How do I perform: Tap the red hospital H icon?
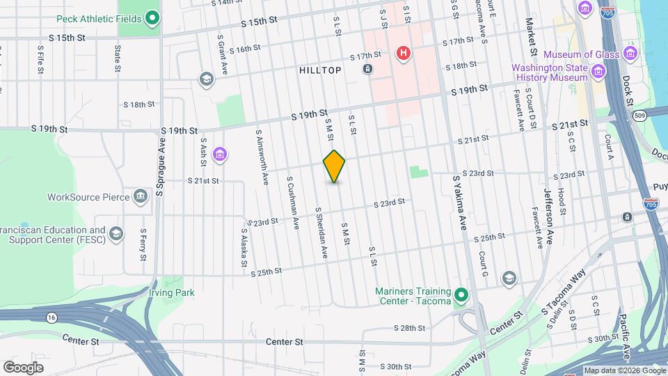[x=403, y=53]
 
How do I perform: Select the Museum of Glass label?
[x=583, y=54]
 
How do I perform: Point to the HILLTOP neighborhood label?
[x=320, y=70]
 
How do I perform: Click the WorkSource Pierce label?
[x=88, y=197]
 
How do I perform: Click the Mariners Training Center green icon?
[x=460, y=297]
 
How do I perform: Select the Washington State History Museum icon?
[x=598, y=72]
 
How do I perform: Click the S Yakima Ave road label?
[x=460, y=203]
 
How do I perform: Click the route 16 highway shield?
[x=52, y=317]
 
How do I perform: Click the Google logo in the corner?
[x=24, y=368]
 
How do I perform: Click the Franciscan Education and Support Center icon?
[x=116, y=233]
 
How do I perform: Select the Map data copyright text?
[x=624, y=370]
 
